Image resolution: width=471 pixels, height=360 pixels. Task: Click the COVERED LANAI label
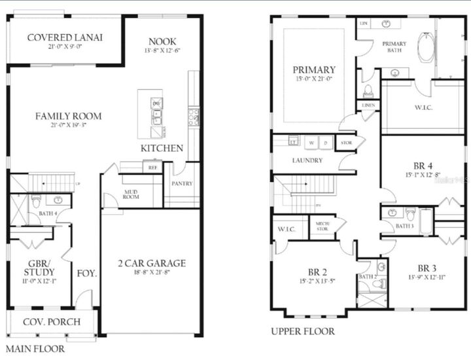pos(65,37)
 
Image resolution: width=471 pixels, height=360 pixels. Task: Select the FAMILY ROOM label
pos(69,117)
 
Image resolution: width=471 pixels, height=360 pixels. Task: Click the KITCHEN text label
pos(162,149)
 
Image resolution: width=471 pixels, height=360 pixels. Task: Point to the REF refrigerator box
pos(152,168)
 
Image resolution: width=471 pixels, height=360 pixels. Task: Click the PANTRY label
pos(181,184)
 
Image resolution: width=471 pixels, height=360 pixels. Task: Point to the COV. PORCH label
pos(52,321)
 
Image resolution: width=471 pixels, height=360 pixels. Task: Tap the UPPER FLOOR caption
pos(303,332)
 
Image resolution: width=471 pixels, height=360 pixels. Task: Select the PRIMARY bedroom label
pos(314,69)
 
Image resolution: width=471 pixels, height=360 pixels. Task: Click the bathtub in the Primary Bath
pos(427,46)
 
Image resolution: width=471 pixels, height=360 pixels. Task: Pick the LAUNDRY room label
pos(307,160)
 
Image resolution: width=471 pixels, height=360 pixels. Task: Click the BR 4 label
pos(425,165)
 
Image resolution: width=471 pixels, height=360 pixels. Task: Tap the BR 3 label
pos(427,268)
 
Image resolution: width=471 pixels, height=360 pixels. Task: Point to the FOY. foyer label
pos(87,273)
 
